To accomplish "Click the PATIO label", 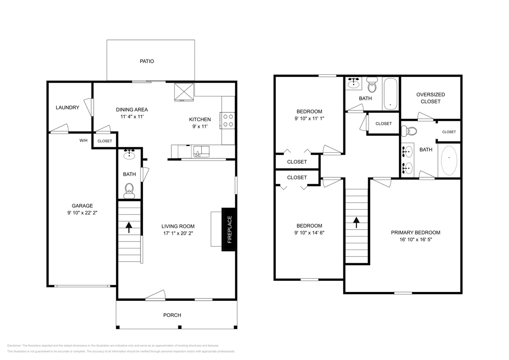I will coord(146,61).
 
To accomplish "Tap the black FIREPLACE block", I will coord(229,229).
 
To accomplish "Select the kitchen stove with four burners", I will coord(228,120).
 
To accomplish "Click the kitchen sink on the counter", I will coord(201,152).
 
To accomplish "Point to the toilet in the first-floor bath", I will coord(129,190).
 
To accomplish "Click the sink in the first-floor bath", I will coord(129,154).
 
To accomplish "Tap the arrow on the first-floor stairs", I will coord(129,227).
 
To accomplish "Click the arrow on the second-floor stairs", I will coord(356,222).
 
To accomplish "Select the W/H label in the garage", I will coord(83,140).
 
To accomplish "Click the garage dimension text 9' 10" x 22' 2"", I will coord(82,213).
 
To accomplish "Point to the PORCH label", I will coord(172,315).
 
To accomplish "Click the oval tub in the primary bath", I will coord(449,160).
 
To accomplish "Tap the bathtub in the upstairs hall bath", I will coord(391,94).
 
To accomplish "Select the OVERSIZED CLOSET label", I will coord(431,98).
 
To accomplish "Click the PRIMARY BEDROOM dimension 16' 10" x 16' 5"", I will coord(415,240).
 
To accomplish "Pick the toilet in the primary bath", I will coord(409,131).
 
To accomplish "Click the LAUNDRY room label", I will coord(67,108).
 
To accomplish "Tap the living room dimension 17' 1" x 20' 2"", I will coord(178,233).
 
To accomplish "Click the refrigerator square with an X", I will coord(184,92).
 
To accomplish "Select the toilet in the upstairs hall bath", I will coord(372,85).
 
